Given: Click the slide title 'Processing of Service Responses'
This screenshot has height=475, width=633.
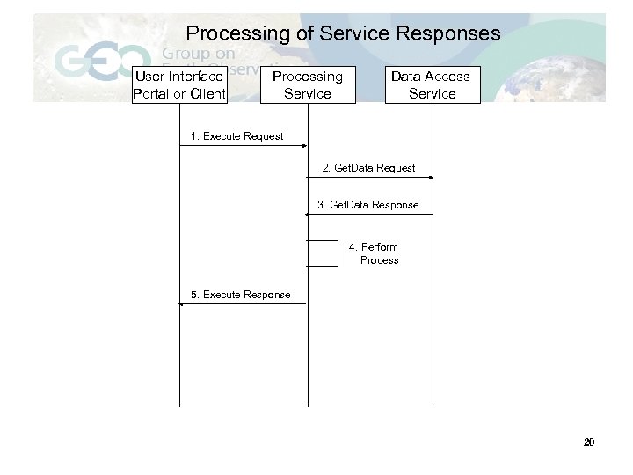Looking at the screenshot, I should click(x=343, y=34).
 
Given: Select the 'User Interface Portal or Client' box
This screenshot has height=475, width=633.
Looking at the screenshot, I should click(x=179, y=84).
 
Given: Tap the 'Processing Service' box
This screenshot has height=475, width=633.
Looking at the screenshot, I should click(x=308, y=84).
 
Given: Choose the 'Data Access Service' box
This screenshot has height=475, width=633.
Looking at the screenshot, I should click(x=432, y=84).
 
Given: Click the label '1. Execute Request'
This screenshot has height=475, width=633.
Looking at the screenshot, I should click(x=237, y=136).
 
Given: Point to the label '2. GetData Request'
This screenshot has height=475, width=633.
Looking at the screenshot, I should click(x=368, y=167).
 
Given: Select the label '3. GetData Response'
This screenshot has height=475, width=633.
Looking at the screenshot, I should click(x=368, y=205).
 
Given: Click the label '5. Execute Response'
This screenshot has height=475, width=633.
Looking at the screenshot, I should click(x=240, y=295).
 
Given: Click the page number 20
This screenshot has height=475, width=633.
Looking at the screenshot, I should click(x=589, y=442).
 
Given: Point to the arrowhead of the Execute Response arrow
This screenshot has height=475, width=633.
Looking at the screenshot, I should click(x=183, y=303).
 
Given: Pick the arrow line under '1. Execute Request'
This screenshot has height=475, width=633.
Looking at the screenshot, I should click(x=244, y=146).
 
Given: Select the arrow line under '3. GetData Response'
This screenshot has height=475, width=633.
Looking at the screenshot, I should click(x=369, y=215).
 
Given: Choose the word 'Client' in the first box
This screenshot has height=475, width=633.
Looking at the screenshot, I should click(x=207, y=93).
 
